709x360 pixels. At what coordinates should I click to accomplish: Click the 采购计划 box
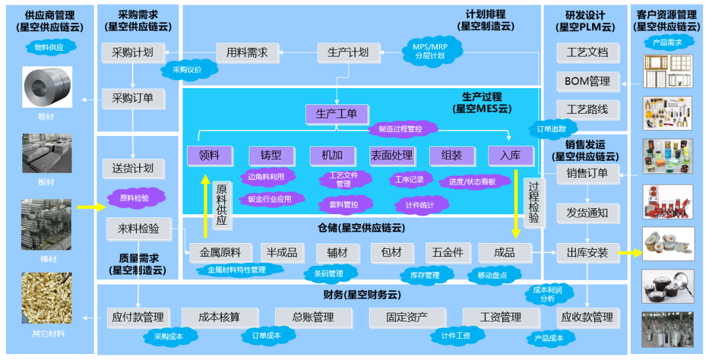click(x=133, y=53)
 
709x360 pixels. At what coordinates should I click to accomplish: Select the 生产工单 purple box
click(x=336, y=114)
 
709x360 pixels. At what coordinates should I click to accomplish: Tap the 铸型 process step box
click(x=270, y=156)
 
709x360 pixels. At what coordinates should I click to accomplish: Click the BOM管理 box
click(x=587, y=82)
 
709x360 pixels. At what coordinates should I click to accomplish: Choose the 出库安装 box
click(x=587, y=253)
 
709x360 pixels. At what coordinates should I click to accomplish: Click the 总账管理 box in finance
click(x=313, y=318)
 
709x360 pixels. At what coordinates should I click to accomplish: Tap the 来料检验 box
click(x=138, y=229)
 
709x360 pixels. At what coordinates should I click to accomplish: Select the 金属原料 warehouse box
click(x=220, y=253)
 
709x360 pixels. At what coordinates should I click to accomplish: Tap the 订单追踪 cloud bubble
click(x=551, y=129)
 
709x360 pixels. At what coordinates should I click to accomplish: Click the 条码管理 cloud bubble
click(x=332, y=273)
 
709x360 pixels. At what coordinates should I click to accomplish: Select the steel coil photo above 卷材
click(x=47, y=86)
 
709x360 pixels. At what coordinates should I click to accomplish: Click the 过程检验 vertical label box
click(x=533, y=202)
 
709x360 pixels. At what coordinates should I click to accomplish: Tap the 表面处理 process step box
click(x=391, y=156)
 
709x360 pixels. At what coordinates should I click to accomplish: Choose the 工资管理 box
click(x=501, y=318)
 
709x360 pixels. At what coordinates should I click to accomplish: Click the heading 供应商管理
click(x=50, y=15)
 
